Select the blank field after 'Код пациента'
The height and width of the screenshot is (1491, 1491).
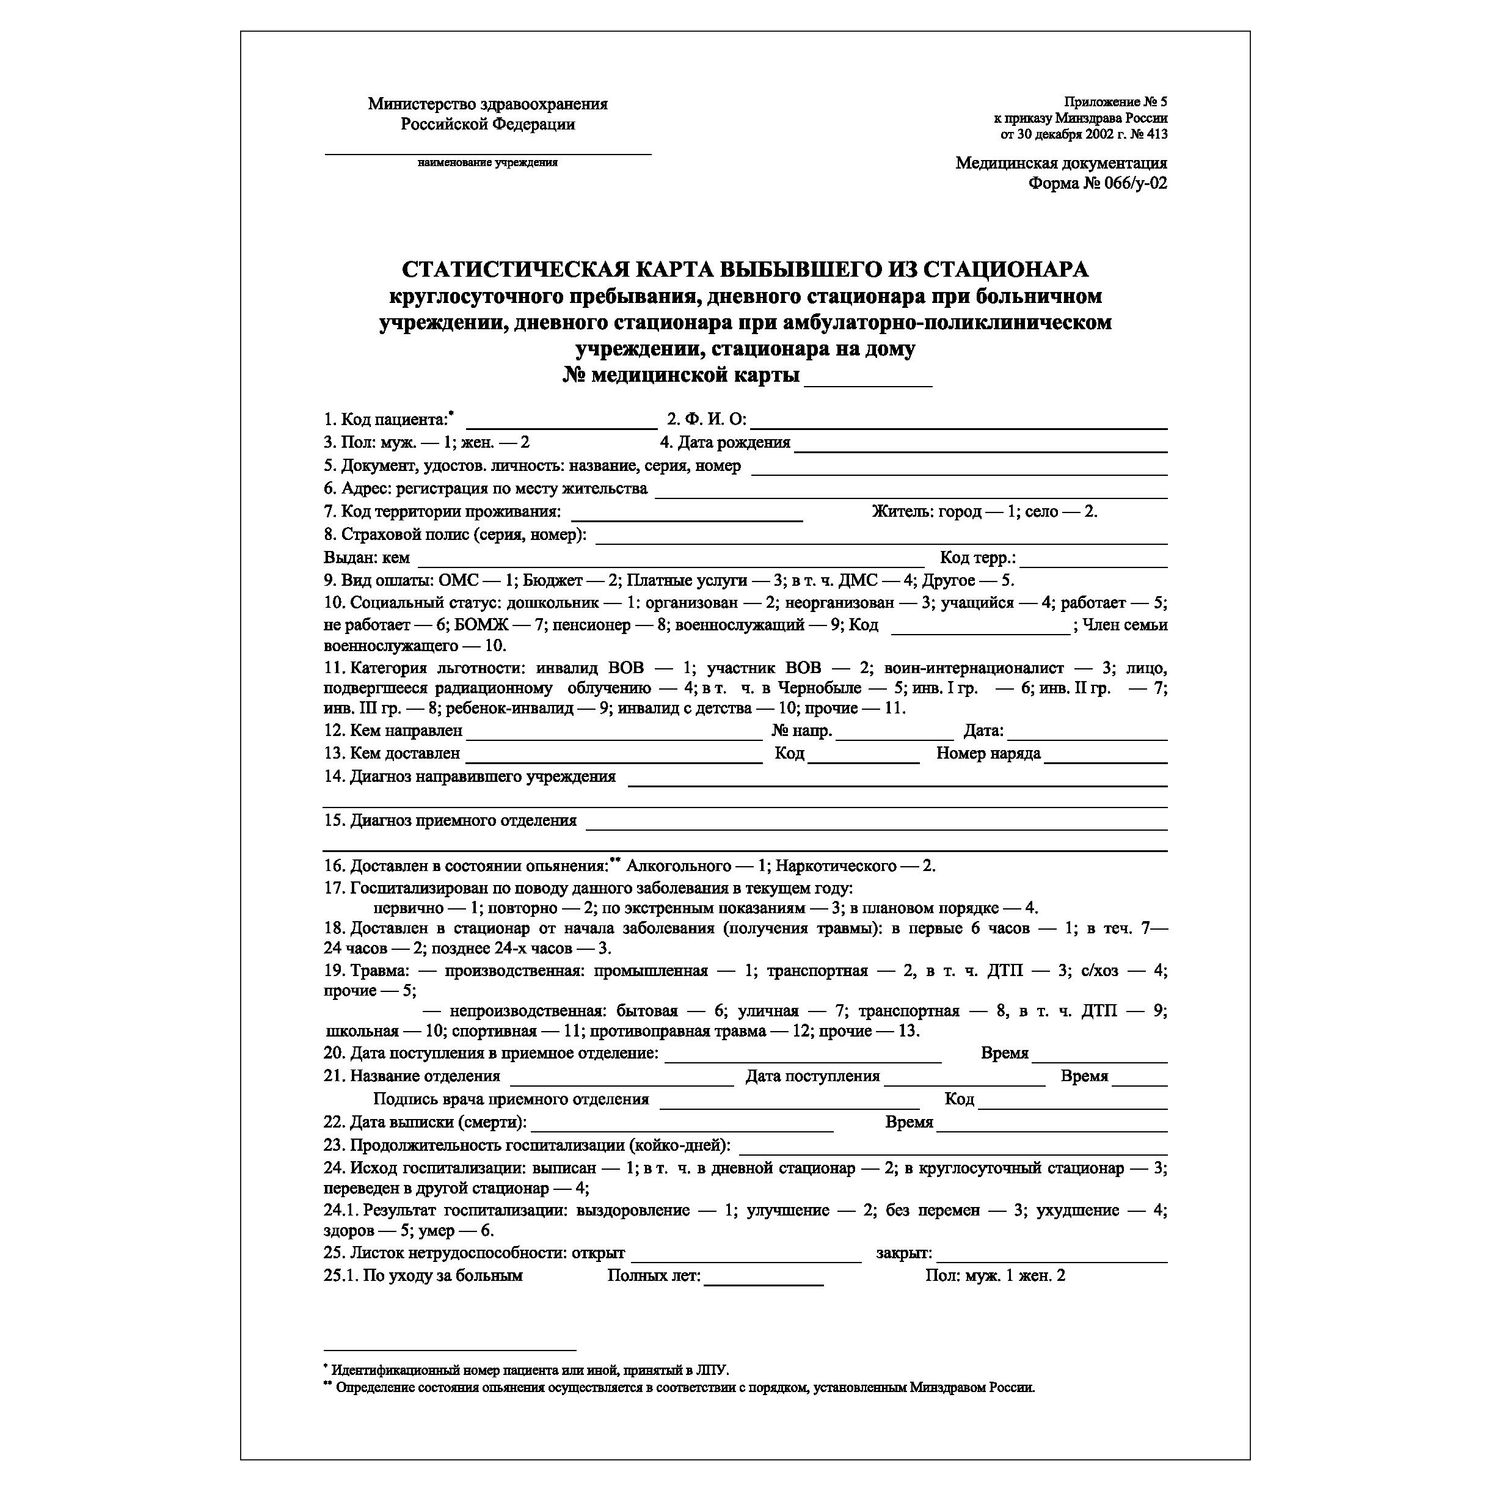(x=562, y=421)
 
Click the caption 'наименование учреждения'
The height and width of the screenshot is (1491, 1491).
(x=488, y=163)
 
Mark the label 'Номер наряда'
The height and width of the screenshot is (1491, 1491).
(x=988, y=753)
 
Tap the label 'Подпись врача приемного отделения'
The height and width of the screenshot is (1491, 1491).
(x=511, y=1099)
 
